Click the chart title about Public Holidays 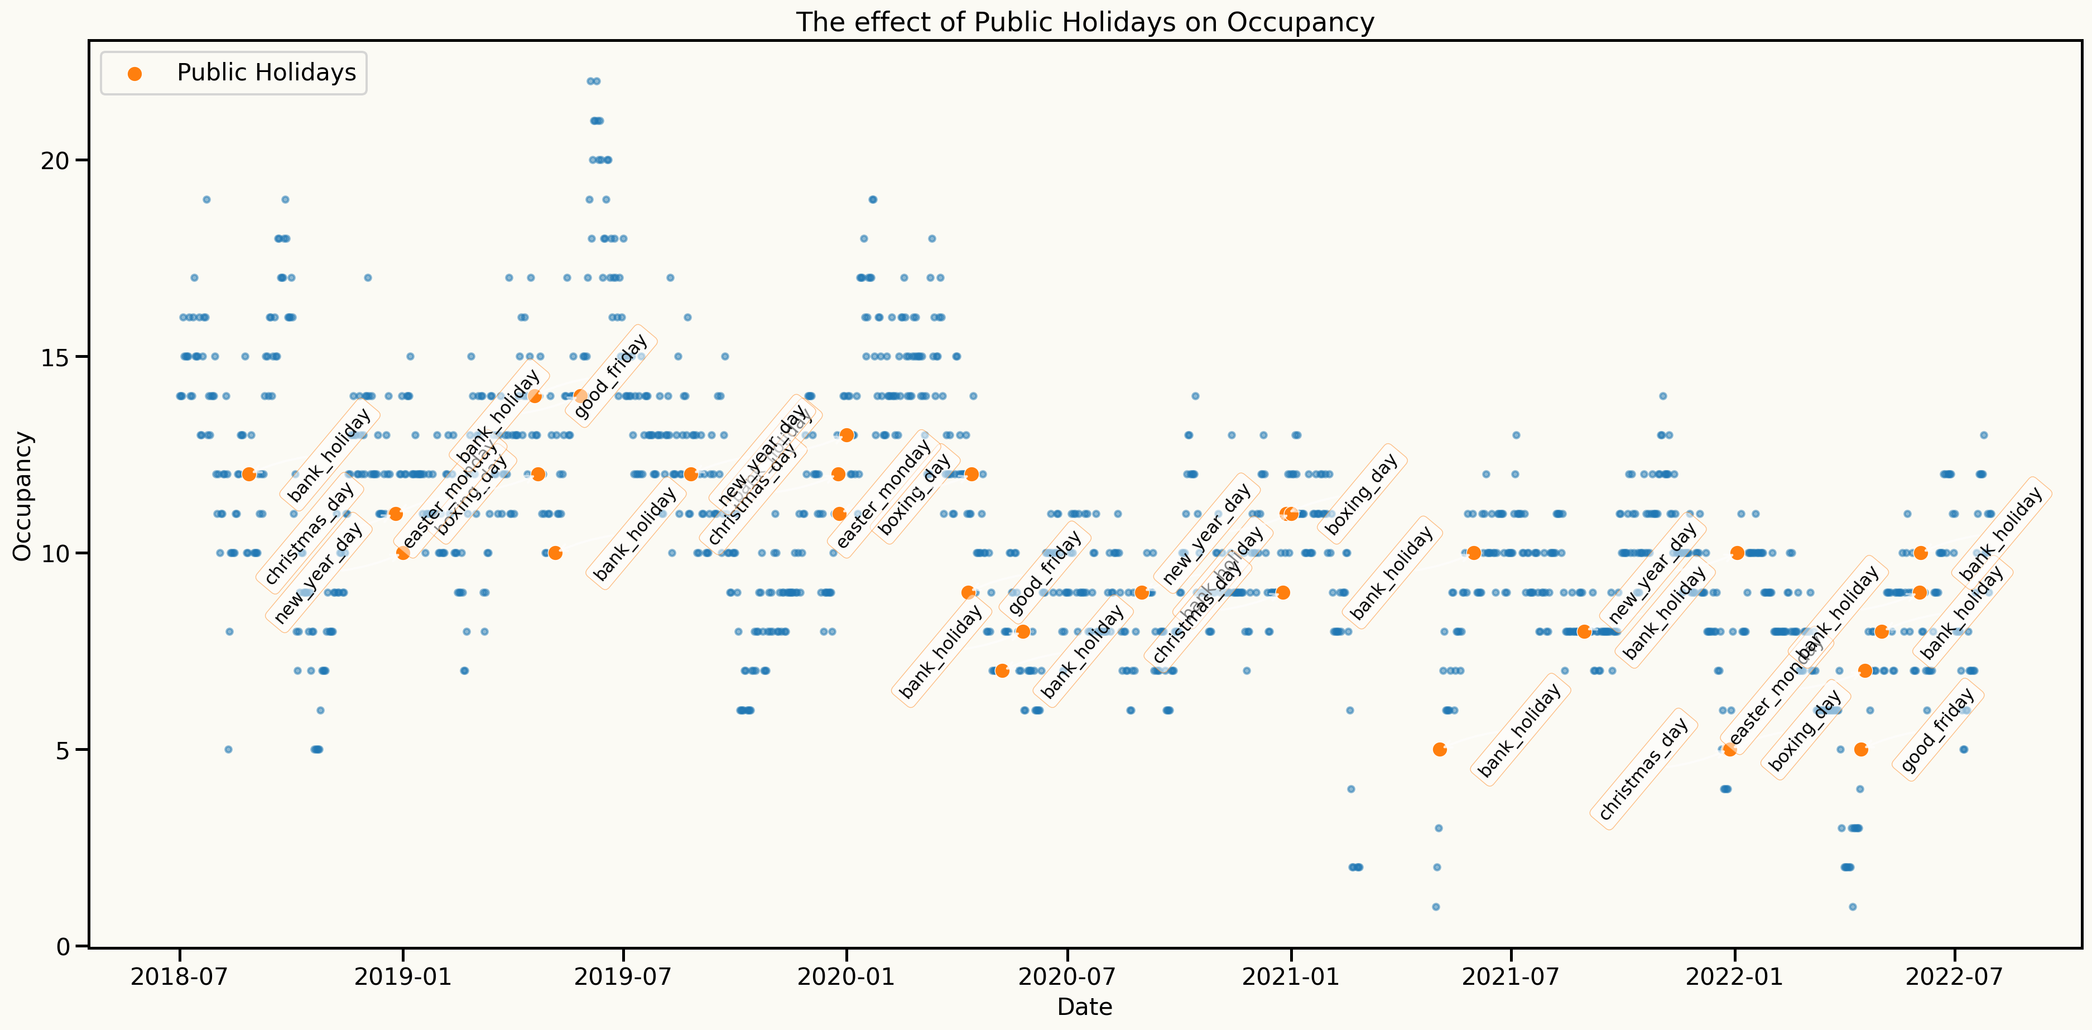(1084, 22)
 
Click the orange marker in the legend (135, 74)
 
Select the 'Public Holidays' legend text (266, 73)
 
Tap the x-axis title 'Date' (1084, 1007)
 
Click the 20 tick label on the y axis (55, 160)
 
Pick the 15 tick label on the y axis (55, 357)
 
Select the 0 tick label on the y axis (64, 946)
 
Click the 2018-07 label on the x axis (180, 976)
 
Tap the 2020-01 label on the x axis (846, 976)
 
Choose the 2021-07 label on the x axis (1511, 976)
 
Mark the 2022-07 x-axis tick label (1954, 976)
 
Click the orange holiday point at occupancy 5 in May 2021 (1440, 750)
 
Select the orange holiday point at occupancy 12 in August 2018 (249, 475)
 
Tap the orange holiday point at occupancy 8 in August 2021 (1584, 632)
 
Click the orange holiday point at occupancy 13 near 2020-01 (847, 435)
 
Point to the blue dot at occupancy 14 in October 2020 (1195, 396)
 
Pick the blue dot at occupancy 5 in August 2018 (228, 750)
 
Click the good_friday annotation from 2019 (610, 377)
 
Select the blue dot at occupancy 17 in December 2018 (368, 278)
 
